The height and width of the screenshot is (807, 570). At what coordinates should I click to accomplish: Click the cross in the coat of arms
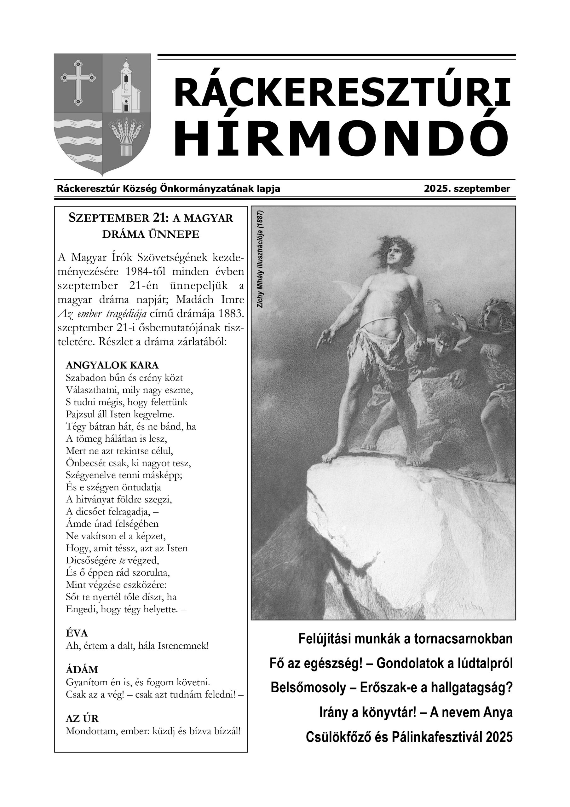point(78,82)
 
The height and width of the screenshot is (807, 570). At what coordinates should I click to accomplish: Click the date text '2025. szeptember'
point(466,189)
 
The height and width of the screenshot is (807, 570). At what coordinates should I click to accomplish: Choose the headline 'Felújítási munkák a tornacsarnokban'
point(405,639)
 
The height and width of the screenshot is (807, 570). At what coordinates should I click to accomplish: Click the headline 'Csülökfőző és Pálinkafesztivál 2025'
point(409,737)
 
